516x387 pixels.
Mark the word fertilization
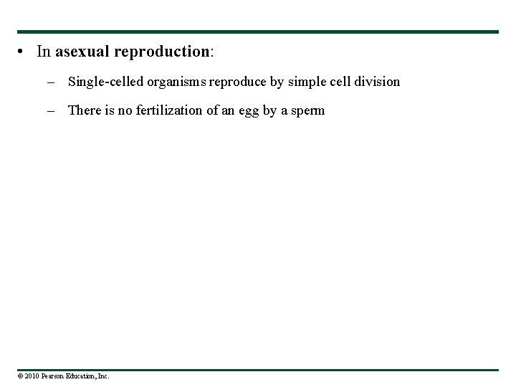tap(166, 110)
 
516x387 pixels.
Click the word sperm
tap(307, 110)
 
